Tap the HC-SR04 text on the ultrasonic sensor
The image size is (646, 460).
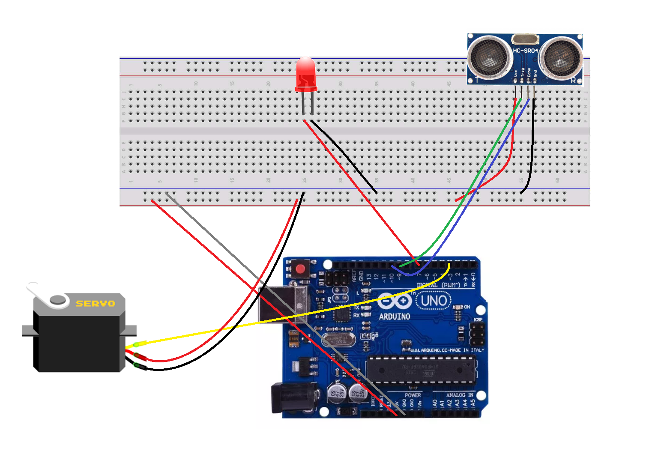pos(525,51)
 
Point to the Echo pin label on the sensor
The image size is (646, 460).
pos(529,72)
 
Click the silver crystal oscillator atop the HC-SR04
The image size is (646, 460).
pos(525,39)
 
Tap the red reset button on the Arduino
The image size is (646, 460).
pos(300,269)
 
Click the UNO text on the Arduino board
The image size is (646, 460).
pos(434,301)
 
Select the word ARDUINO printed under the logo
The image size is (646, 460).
pos(395,317)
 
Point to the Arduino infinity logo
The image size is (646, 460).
pos(395,301)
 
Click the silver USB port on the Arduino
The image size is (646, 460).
pos(283,304)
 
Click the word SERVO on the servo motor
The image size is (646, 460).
pos(95,304)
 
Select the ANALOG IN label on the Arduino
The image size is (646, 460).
pos(460,395)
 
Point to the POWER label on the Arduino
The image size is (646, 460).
pos(413,395)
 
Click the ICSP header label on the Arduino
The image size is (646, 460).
pos(478,320)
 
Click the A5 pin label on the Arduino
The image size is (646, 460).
pos(473,403)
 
